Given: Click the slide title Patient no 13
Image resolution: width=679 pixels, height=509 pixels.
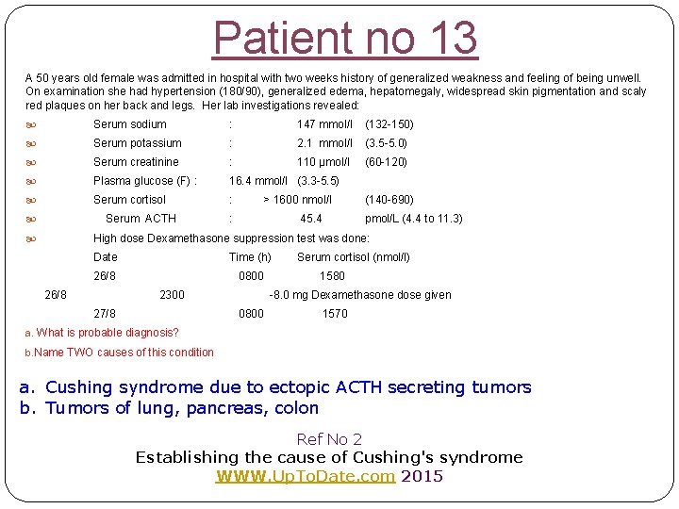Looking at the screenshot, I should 345,38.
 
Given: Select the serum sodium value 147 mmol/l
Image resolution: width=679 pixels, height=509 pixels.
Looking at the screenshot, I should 324,124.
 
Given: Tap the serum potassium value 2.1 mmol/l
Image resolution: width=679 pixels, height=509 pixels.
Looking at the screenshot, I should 324,143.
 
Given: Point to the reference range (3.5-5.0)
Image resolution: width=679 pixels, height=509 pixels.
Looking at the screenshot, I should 386,143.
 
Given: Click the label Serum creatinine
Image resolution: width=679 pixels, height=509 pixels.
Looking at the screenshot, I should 136,162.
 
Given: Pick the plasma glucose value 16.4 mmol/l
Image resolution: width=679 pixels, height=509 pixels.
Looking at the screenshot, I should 260,181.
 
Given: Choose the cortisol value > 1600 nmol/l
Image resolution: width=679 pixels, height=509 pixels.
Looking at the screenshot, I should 297,200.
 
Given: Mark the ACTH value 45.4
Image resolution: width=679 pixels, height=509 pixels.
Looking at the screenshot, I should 311,219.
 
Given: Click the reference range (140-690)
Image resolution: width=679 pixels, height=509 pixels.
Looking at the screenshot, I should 389,200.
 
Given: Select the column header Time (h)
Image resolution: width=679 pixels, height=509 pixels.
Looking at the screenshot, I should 250,257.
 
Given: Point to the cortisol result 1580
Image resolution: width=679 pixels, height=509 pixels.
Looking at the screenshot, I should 332,276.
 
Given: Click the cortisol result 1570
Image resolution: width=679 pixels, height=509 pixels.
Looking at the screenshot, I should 335,314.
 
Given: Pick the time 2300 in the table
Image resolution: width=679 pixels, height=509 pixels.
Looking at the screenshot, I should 172,295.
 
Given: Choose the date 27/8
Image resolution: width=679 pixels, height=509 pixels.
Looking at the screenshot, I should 105,314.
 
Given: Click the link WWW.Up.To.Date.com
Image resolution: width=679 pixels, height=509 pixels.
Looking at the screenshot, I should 306,476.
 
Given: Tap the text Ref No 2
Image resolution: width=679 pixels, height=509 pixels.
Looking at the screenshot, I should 329,439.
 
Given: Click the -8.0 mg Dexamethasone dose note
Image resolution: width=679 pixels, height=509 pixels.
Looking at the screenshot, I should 359,295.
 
